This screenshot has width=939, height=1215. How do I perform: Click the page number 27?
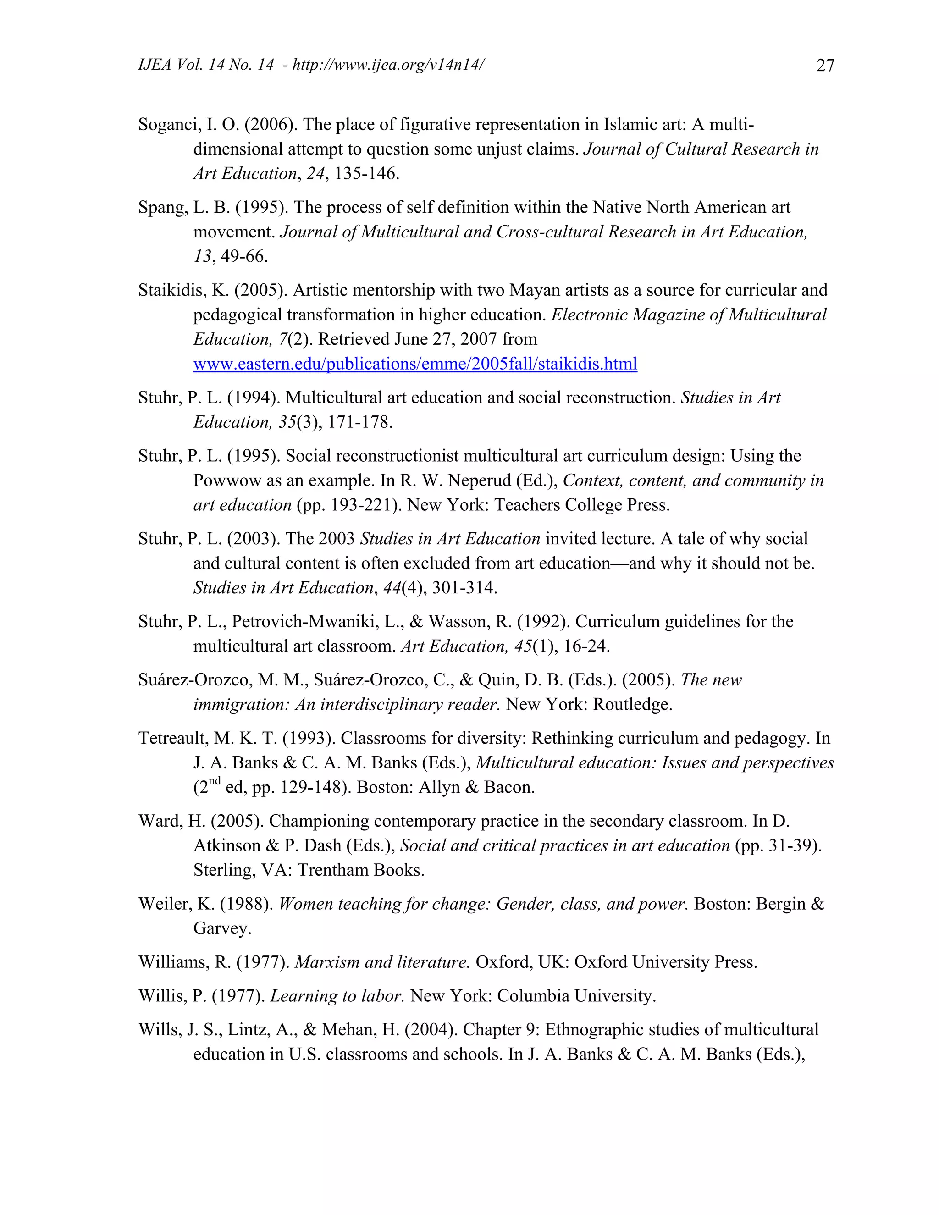pos(825,66)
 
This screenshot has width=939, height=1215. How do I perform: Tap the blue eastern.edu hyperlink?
pos(415,364)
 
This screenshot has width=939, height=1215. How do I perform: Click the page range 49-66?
pos(244,256)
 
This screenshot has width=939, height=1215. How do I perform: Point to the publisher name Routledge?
pos(632,705)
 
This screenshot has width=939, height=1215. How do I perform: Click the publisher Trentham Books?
pos(361,870)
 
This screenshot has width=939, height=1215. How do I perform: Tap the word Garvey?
pos(222,928)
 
